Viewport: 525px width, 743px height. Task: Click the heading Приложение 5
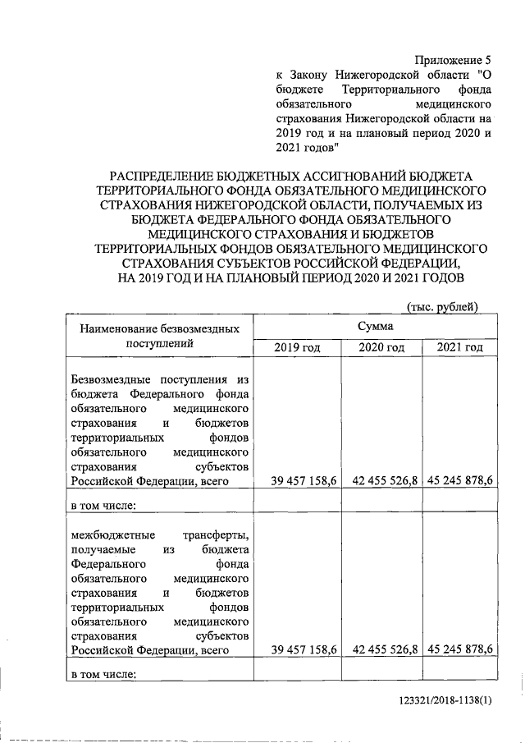[x=452, y=61]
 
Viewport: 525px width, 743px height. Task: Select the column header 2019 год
[x=295, y=348]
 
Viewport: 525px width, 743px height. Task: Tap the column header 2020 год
[x=381, y=348]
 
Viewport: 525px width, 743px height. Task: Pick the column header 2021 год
[x=459, y=348]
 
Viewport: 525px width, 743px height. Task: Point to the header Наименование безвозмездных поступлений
[x=160, y=337]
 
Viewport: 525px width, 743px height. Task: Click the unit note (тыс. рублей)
[x=442, y=306]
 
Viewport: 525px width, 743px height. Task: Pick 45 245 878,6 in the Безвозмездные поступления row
[x=459, y=482]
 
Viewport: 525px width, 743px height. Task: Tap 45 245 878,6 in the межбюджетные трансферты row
[x=459, y=649]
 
